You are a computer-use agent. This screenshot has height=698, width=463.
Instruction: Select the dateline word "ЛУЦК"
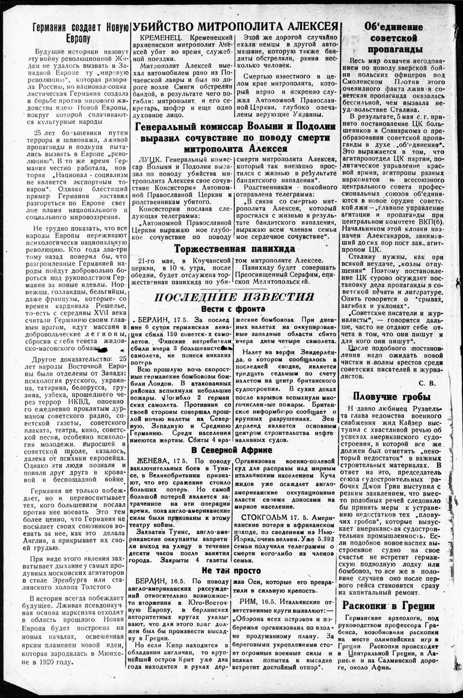[150, 158]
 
